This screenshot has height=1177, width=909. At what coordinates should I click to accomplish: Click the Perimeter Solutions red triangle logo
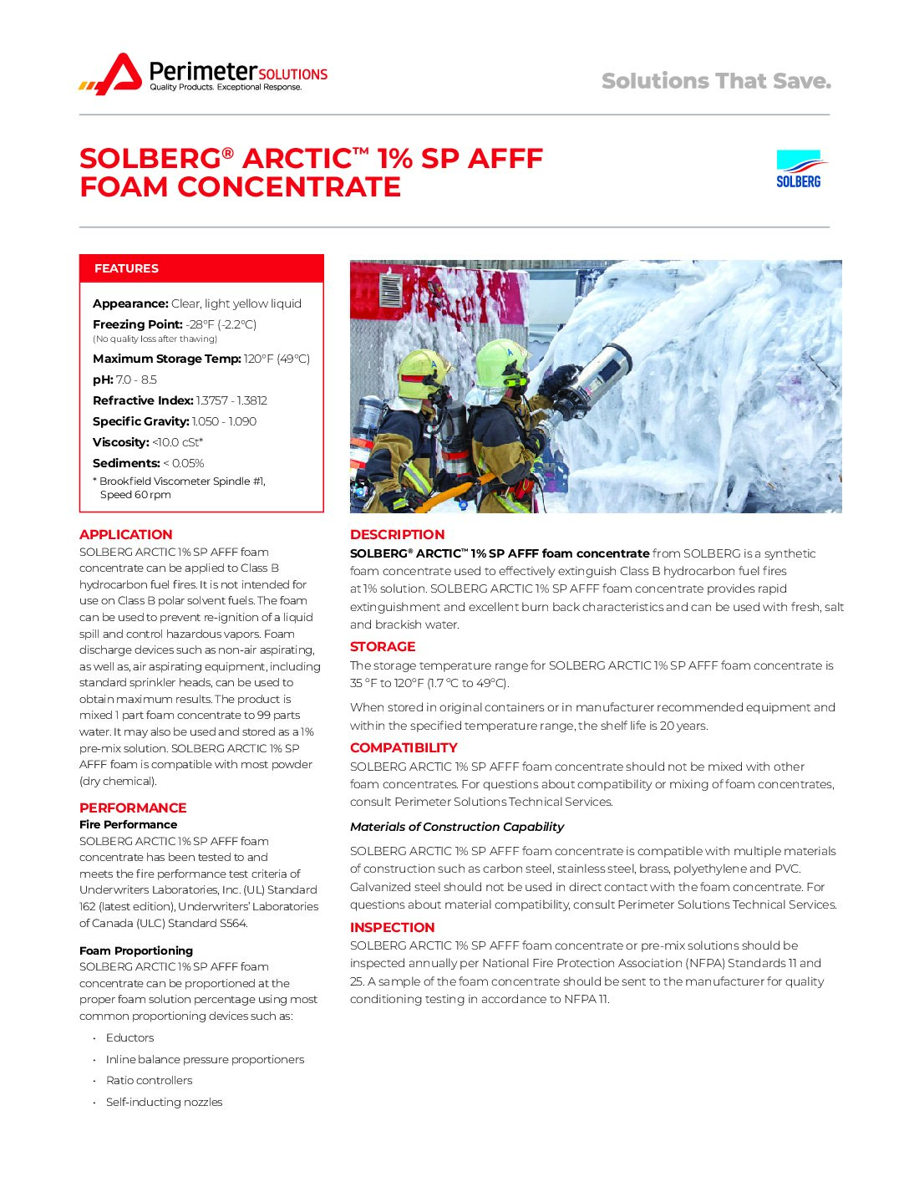coord(119,74)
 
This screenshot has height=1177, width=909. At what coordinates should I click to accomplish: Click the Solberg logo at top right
coord(799,169)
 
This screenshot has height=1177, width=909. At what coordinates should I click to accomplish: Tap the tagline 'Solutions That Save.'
coord(716,81)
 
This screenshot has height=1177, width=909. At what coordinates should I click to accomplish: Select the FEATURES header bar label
coord(126,268)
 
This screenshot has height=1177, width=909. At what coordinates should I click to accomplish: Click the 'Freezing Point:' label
coord(137,324)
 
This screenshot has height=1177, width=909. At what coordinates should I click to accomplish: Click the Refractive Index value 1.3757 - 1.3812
coord(231,400)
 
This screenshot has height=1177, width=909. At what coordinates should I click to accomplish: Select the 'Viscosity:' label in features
coord(121,442)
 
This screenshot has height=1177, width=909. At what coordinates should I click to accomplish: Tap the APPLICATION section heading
coord(126,535)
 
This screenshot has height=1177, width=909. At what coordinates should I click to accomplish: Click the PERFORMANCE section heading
coord(133,808)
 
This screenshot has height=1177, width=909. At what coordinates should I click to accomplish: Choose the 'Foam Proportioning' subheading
coord(136,950)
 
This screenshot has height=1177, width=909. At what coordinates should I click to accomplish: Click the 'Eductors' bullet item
coord(129,1037)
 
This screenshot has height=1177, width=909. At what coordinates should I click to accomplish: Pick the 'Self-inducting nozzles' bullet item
coord(164,1102)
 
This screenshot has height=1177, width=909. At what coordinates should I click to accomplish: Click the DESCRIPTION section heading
coord(397,535)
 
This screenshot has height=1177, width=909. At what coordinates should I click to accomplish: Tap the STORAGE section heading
coord(383,647)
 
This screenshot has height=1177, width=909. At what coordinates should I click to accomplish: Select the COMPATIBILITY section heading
coord(404,748)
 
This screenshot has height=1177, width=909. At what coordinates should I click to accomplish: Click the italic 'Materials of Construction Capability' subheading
coord(457,827)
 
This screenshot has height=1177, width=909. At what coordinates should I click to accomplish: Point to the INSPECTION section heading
coord(392,928)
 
